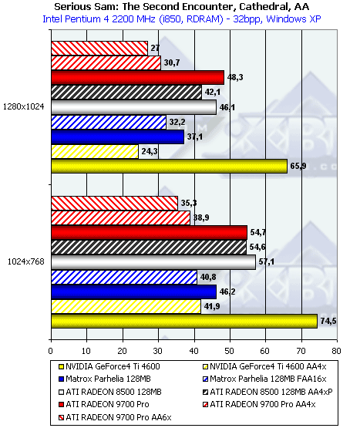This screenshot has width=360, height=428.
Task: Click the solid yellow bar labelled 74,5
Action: click(184, 321)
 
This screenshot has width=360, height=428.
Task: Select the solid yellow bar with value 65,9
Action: click(170, 166)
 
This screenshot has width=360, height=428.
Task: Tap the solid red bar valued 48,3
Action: click(137, 78)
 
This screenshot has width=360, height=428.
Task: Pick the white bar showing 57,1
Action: click(153, 262)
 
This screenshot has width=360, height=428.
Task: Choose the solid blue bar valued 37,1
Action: click(118, 136)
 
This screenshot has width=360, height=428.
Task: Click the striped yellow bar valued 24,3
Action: click(95, 151)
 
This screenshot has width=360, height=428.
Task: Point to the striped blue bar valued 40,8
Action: click(124, 277)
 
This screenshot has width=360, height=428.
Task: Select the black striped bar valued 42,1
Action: click(126, 93)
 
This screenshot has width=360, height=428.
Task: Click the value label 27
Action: click(155, 48)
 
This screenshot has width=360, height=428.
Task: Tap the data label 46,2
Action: click(227, 292)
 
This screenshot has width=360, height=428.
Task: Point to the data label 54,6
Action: click(257, 247)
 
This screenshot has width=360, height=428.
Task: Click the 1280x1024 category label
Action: click(23, 106)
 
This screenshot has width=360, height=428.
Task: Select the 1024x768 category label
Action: click(26, 261)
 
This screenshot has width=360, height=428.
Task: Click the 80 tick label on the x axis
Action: click(337, 351)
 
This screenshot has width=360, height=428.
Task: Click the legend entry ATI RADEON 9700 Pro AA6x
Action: click(115, 417)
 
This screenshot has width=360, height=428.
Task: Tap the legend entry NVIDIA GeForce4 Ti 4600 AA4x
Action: click(264, 366)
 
